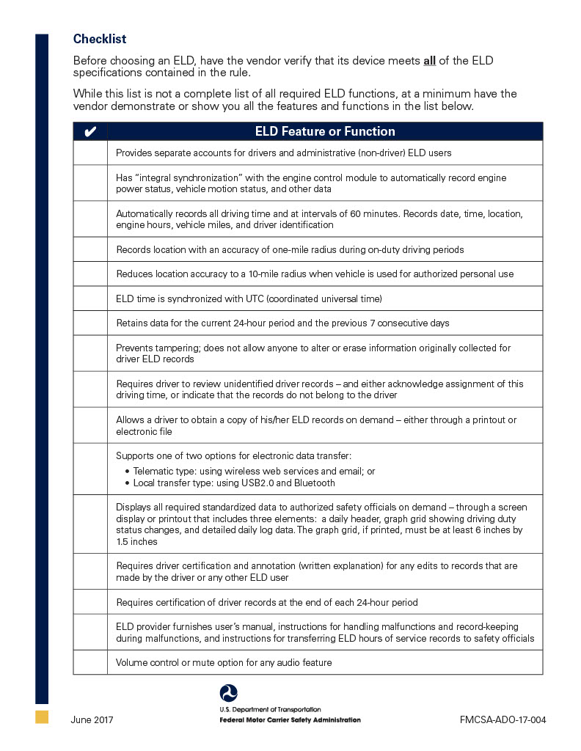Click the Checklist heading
click(x=100, y=39)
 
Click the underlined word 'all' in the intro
click(x=429, y=61)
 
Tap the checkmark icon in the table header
click(x=90, y=132)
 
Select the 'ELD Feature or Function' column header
click(x=325, y=132)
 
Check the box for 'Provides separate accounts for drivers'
click(x=90, y=153)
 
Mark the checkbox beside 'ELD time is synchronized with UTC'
click(x=90, y=298)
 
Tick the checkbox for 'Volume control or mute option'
click(x=90, y=662)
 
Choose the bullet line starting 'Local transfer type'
click(x=233, y=483)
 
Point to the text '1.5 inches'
click(x=137, y=542)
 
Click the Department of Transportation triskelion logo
click(x=229, y=693)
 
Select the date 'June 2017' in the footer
click(x=92, y=719)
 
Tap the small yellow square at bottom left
click(x=42, y=717)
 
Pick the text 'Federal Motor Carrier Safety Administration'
click(x=290, y=720)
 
